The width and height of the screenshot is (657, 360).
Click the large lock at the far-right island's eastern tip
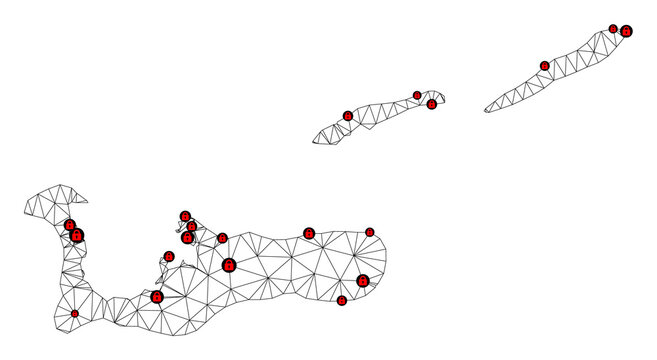click(x=626, y=32)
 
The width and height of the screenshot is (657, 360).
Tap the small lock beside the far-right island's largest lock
click(x=613, y=28)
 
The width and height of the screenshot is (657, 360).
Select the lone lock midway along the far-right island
click(x=545, y=66)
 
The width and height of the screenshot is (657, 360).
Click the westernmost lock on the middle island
click(x=347, y=116)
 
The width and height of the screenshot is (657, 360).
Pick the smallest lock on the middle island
click(x=416, y=95)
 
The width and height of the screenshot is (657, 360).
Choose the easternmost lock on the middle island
click(x=432, y=104)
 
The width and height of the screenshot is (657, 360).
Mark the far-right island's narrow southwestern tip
click(x=486, y=110)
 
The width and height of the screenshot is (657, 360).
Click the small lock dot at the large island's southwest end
click(x=75, y=314)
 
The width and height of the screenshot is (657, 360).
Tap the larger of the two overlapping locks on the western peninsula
click(x=77, y=236)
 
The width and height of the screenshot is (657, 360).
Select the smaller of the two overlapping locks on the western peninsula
click(x=70, y=226)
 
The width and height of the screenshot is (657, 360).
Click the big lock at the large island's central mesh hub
click(x=229, y=265)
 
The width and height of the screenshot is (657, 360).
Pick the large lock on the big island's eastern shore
click(x=363, y=281)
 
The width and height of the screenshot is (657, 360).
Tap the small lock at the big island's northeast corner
click(x=369, y=232)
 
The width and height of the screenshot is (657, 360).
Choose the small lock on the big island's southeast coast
click(x=342, y=300)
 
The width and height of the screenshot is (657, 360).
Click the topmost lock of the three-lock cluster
click(x=185, y=215)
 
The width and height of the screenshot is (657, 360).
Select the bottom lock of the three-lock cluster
click(x=187, y=238)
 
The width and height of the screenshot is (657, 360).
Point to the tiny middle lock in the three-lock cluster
click(x=192, y=226)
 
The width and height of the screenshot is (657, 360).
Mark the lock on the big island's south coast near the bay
click(x=157, y=297)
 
